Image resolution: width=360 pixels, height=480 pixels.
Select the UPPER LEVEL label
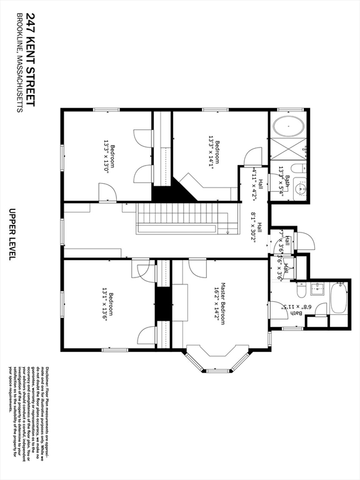11,234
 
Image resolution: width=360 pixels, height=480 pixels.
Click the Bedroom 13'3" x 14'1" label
214,153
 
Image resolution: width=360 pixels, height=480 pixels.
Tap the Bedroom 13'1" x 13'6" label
109,306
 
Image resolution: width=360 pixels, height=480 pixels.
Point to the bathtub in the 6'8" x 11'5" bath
338,299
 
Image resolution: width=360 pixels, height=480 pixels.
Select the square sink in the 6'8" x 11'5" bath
317,289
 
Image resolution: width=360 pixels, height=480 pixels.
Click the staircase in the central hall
181,219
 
